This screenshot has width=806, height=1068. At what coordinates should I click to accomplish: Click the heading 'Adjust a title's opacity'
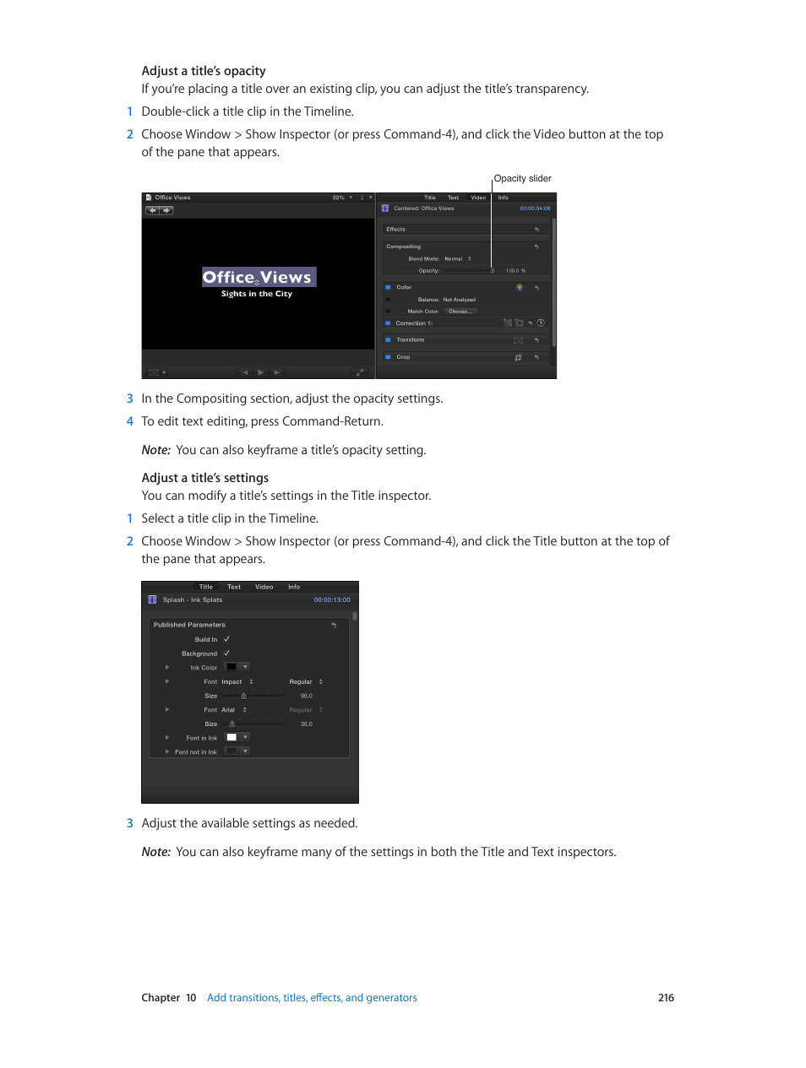[204, 71]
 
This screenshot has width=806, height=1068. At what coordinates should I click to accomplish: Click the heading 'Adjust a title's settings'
[204, 478]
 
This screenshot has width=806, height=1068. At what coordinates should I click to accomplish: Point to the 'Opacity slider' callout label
[522, 179]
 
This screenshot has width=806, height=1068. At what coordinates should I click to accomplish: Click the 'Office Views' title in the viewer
[257, 278]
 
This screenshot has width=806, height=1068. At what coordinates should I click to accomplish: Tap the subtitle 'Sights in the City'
[256, 295]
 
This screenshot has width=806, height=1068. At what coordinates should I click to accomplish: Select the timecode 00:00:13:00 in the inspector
[332, 600]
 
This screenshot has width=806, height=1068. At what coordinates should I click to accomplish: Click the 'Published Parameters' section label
[189, 626]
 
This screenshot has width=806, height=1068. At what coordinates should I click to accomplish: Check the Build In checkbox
[226, 639]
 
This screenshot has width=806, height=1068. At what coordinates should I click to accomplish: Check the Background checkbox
[226, 653]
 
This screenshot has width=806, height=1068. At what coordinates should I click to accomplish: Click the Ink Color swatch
[231, 667]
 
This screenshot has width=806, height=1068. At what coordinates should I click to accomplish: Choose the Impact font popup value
[232, 682]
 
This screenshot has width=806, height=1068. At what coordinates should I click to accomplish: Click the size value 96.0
[306, 697]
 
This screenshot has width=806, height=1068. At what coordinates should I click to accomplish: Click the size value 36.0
[306, 724]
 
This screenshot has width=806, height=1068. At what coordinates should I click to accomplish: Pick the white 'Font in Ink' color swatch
[231, 738]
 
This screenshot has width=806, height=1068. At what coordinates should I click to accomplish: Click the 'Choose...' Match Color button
[460, 312]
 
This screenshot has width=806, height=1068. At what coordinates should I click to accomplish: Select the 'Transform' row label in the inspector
[411, 340]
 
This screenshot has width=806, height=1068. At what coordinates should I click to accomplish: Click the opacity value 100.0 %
[515, 271]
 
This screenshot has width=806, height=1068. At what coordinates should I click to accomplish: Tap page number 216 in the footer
[666, 998]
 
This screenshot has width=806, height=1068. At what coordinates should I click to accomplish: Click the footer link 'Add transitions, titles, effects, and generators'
[312, 998]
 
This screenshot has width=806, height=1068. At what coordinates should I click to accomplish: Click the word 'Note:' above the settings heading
[156, 451]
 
